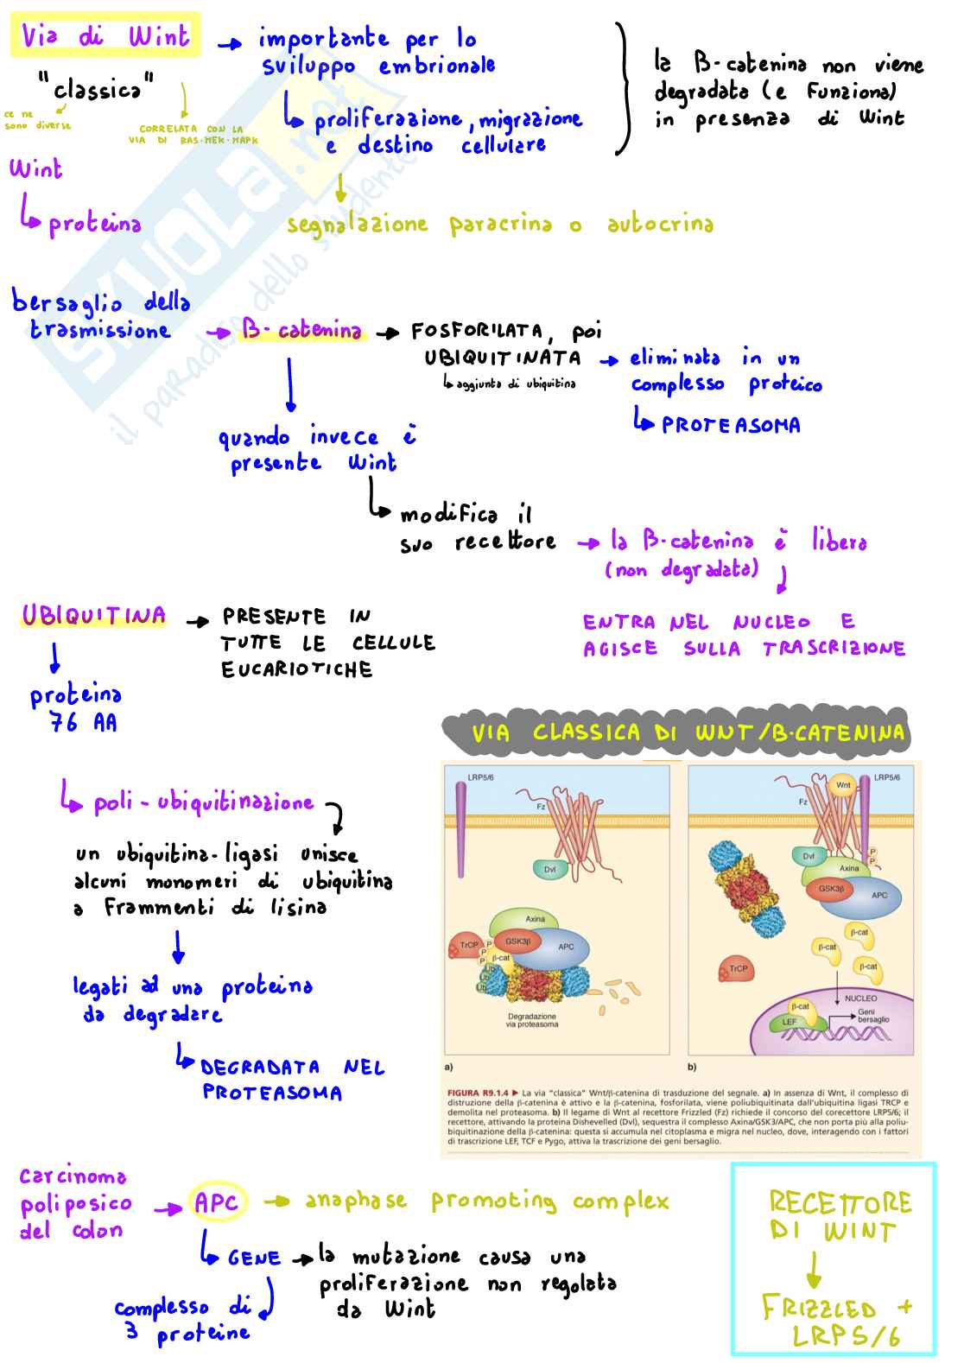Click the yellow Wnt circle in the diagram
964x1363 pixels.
coord(843,785)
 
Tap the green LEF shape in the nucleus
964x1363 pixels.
coord(789,1022)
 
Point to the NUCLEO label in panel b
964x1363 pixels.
coord(860,998)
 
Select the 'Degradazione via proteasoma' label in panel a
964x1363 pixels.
coord(532,1020)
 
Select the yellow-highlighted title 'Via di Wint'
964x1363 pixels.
coord(105,36)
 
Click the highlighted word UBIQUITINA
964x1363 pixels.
coord(93,616)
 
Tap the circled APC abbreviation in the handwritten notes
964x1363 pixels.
coord(216,1202)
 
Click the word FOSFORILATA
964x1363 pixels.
coord(476,332)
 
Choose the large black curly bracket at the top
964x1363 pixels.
coord(625,89)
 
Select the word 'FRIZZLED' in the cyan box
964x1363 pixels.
coord(819,1309)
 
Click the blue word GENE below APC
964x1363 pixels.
coord(254,1258)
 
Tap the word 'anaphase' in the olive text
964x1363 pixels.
coord(356,1201)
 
